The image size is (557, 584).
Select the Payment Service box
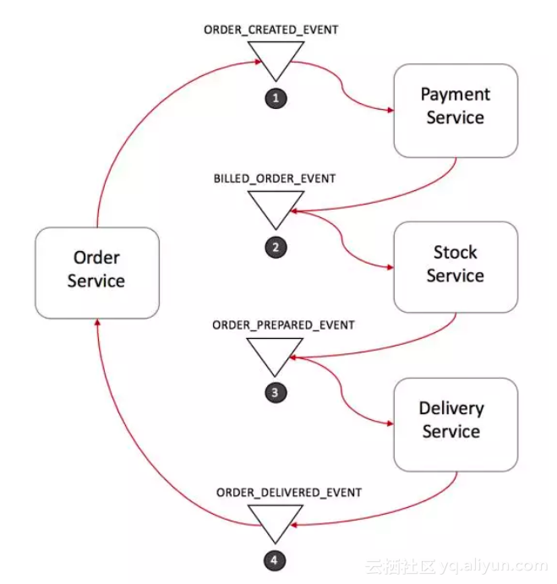pos(455,110)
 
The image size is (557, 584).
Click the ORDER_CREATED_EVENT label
pos(271,30)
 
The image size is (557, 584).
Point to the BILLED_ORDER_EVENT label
pos(274,179)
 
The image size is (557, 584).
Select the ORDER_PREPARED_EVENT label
pos(271,325)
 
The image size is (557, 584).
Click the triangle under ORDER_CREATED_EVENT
pos(276,57)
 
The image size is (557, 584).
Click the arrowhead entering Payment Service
pos(390,111)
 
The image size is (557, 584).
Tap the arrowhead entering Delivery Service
pos(390,424)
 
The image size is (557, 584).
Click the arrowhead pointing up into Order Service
pos(97,324)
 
